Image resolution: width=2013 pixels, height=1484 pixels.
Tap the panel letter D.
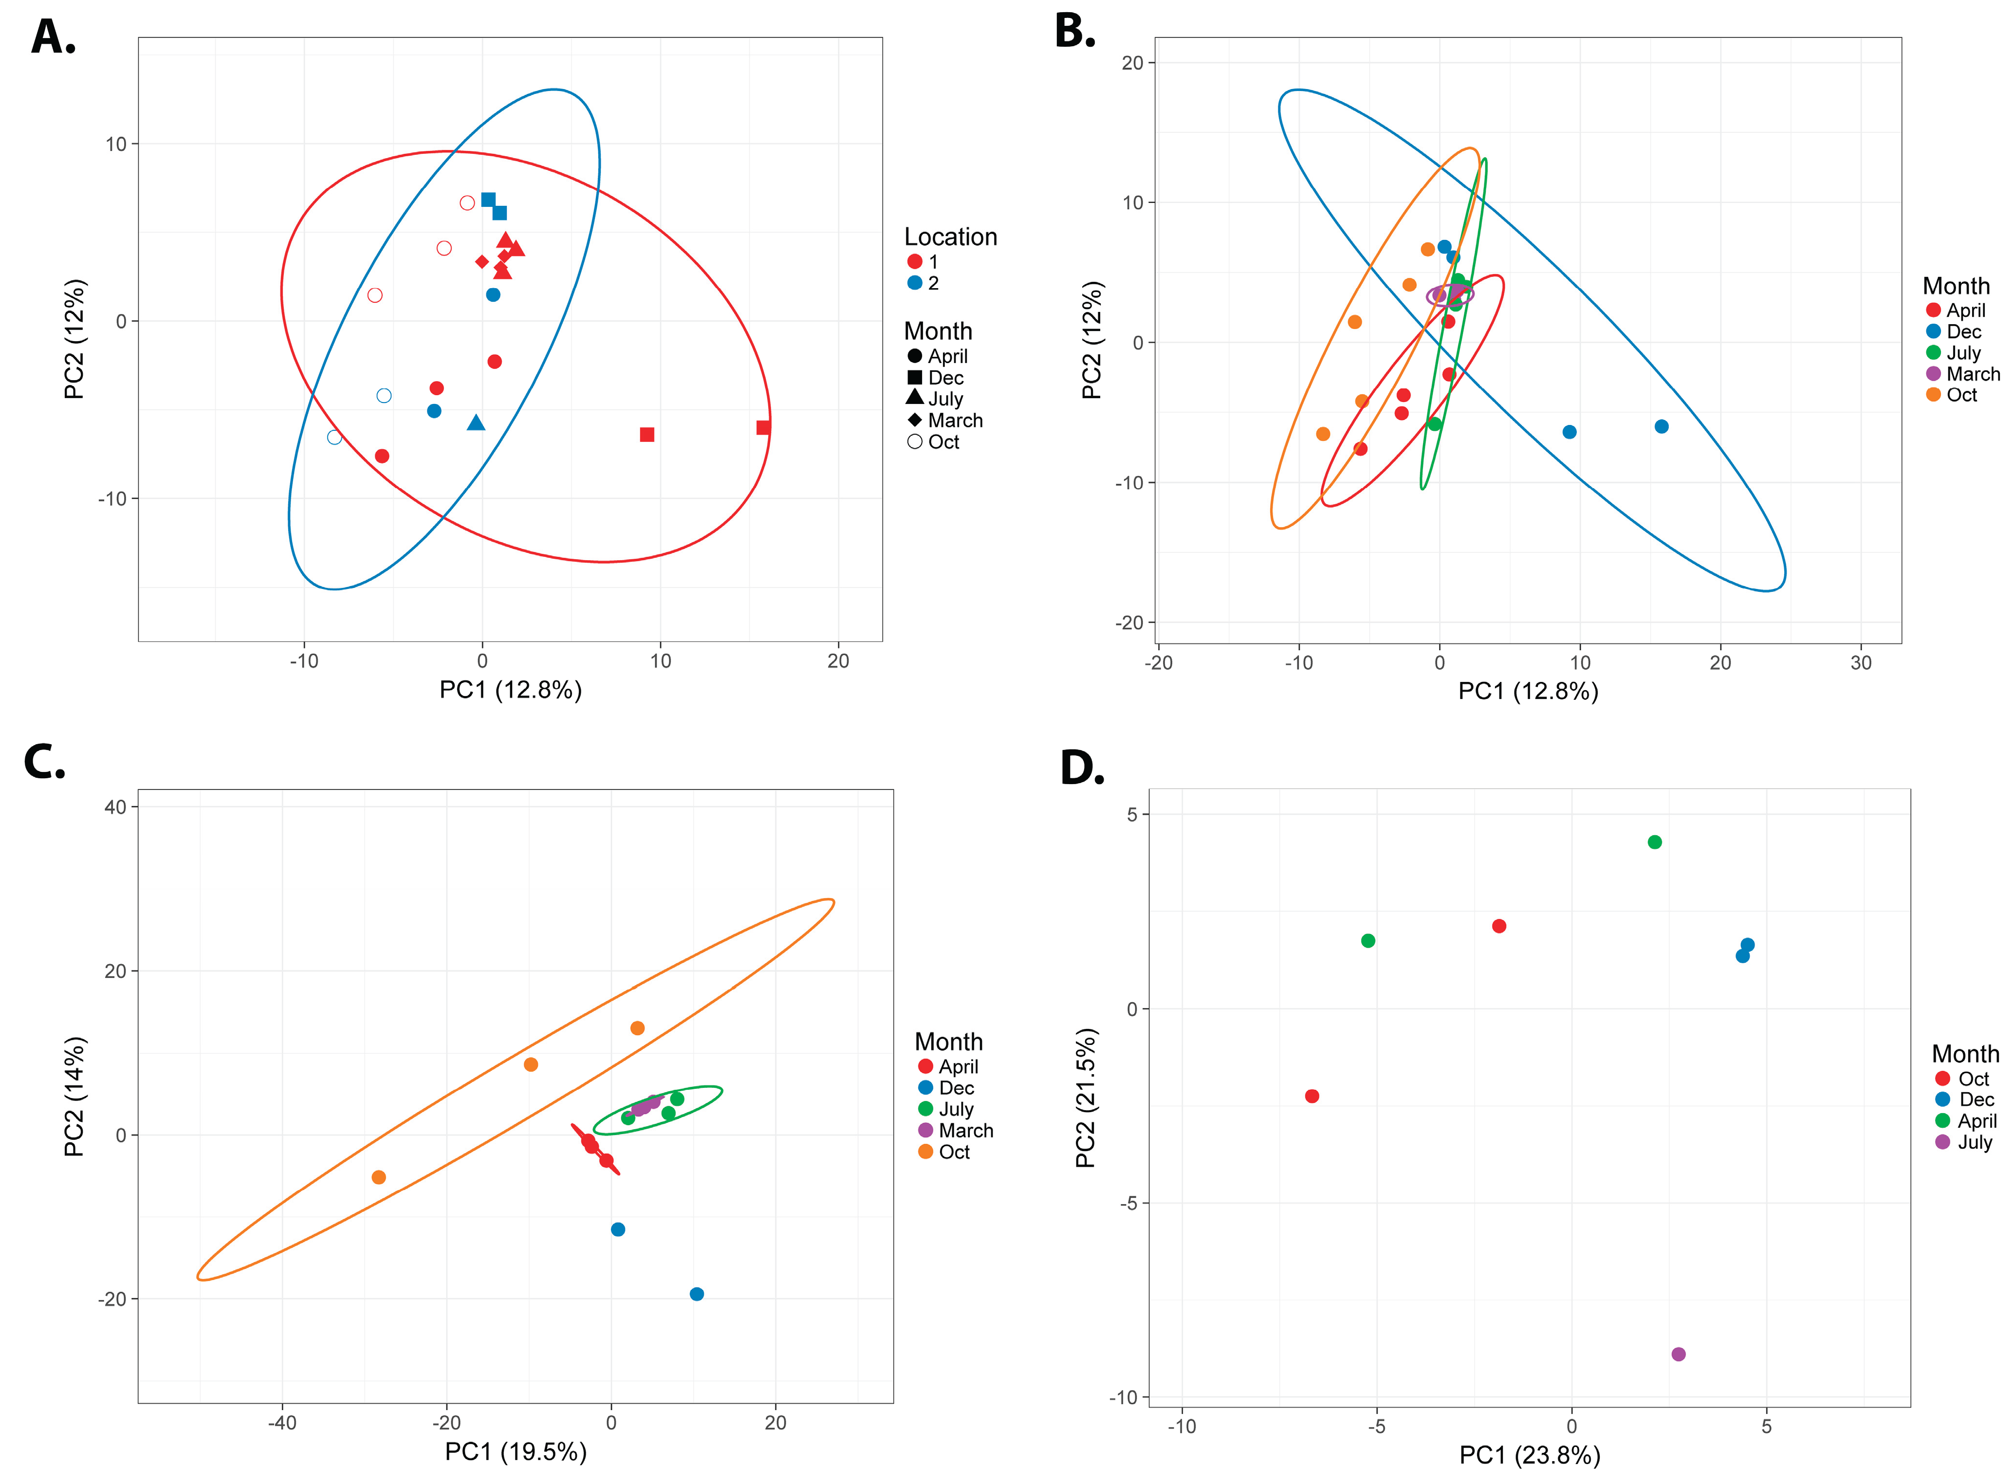(1082, 768)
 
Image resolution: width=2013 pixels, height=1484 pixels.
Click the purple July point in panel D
(1678, 1354)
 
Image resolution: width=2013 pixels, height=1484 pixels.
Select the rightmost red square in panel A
(763, 428)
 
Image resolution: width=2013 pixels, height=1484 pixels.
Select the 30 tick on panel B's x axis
(1860, 663)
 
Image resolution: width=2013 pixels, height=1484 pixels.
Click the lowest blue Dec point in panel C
(696, 1294)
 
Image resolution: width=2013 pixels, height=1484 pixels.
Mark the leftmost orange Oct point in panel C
(378, 1177)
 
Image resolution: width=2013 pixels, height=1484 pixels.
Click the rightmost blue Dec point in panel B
(1661, 427)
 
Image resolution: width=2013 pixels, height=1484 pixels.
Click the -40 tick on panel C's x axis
(282, 1423)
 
